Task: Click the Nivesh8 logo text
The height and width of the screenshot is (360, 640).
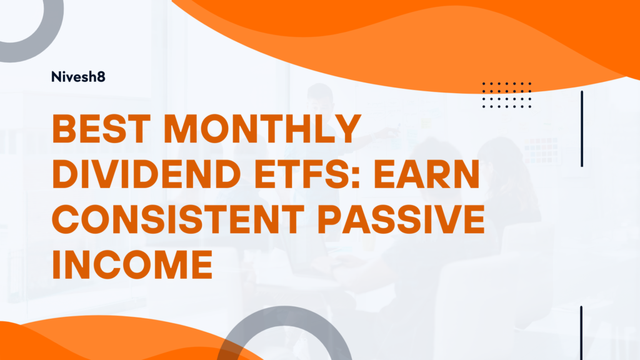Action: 78,77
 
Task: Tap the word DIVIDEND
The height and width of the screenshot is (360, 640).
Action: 146,174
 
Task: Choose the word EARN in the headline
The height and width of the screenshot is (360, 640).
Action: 427,174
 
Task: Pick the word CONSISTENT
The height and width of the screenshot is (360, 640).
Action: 178,219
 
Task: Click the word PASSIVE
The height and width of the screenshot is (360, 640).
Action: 401,219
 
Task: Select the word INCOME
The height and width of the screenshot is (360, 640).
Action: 132,264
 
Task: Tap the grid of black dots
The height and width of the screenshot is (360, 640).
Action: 506,95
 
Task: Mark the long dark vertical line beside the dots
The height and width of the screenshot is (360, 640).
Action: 582,129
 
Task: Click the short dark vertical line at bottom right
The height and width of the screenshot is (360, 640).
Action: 581,332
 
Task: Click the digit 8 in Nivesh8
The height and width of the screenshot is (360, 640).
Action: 101,77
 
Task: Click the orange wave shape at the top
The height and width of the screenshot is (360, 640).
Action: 449,37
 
